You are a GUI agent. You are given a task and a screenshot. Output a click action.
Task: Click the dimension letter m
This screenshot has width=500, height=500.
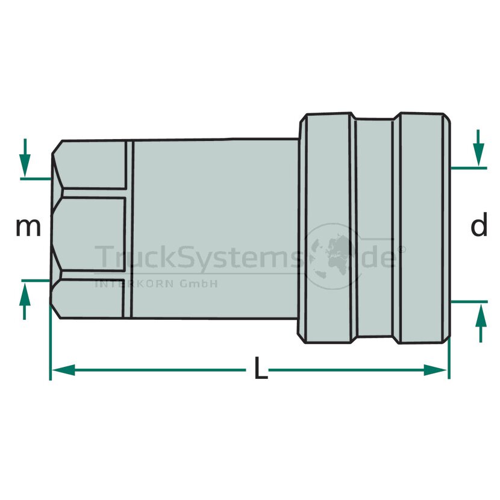(28, 228)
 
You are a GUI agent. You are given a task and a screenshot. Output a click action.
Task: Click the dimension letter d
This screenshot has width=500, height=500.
(480, 224)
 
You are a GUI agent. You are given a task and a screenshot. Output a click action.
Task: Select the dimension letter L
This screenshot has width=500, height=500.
(261, 368)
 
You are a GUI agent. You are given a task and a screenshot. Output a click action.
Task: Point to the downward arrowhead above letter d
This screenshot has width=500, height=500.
(478, 154)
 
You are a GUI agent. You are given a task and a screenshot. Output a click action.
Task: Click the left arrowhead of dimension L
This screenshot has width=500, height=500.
(63, 370)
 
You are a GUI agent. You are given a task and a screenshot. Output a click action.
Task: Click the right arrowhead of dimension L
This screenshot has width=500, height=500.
(435, 370)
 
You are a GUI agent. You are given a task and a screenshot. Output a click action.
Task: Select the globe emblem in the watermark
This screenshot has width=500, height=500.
(333, 256)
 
